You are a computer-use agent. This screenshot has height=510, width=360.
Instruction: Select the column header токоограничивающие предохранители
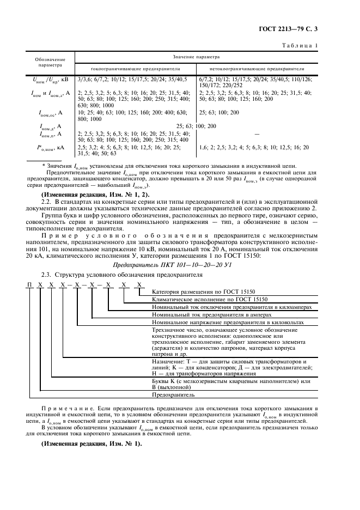136,69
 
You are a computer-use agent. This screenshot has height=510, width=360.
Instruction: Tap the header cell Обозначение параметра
51,62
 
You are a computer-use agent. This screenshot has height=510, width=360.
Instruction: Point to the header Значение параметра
196,56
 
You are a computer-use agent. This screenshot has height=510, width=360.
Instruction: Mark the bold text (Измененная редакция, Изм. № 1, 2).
89,195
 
